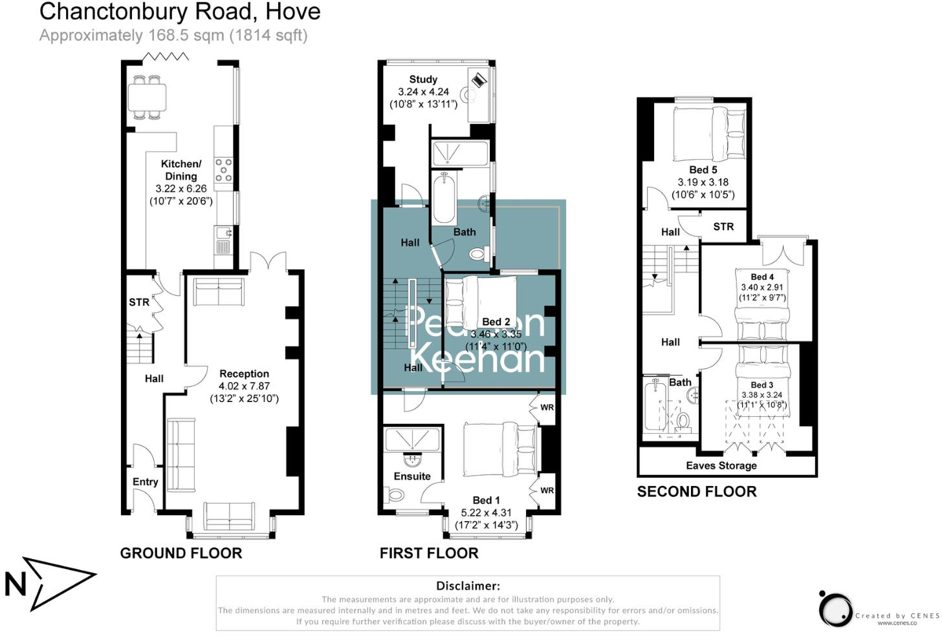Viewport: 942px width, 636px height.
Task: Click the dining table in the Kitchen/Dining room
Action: pyautogui.click(x=147, y=98)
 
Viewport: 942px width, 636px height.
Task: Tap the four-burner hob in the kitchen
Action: pyautogui.click(x=223, y=169)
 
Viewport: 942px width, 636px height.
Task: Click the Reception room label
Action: pyautogui.click(x=244, y=374)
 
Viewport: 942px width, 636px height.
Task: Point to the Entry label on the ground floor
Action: pyautogui.click(x=145, y=482)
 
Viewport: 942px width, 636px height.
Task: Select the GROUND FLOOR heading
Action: pyautogui.click(x=181, y=553)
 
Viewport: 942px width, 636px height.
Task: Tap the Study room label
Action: pyautogui.click(x=423, y=79)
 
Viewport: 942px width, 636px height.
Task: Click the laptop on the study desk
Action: pyautogui.click(x=479, y=79)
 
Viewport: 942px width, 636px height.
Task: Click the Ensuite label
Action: pyautogui.click(x=412, y=476)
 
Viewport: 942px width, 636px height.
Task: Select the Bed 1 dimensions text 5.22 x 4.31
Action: pyautogui.click(x=486, y=513)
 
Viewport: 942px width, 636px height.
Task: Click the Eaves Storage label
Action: pyautogui.click(x=721, y=465)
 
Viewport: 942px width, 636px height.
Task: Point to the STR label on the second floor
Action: pyautogui.click(x=723, y=226)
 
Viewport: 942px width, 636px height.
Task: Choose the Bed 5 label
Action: pyautogui.click(x=703, y=169)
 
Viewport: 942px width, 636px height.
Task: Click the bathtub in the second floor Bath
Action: pyautogui.click(x=655, y=405)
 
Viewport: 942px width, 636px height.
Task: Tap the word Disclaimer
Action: pyautogui.click(x=468, y=586)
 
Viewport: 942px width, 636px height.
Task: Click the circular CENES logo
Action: pyautogui.click(x=835, y=609)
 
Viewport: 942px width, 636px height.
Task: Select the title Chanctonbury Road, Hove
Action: pyautogui.click(x=180, y=12)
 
